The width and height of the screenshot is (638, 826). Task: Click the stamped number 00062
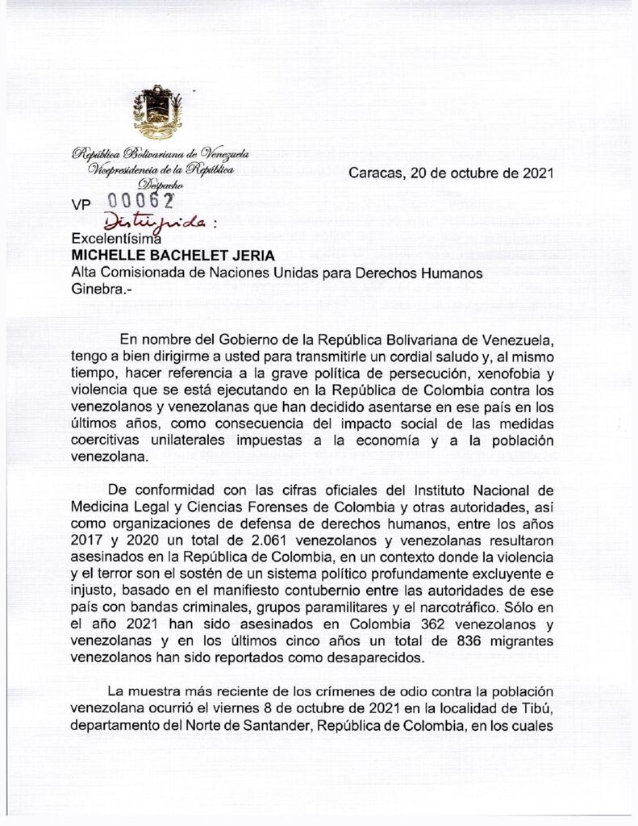140,202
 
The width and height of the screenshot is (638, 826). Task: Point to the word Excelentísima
117,239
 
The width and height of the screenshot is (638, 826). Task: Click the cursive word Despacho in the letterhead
161,185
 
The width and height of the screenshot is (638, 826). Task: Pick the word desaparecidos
370,657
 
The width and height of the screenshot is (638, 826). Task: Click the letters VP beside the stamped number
82,206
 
